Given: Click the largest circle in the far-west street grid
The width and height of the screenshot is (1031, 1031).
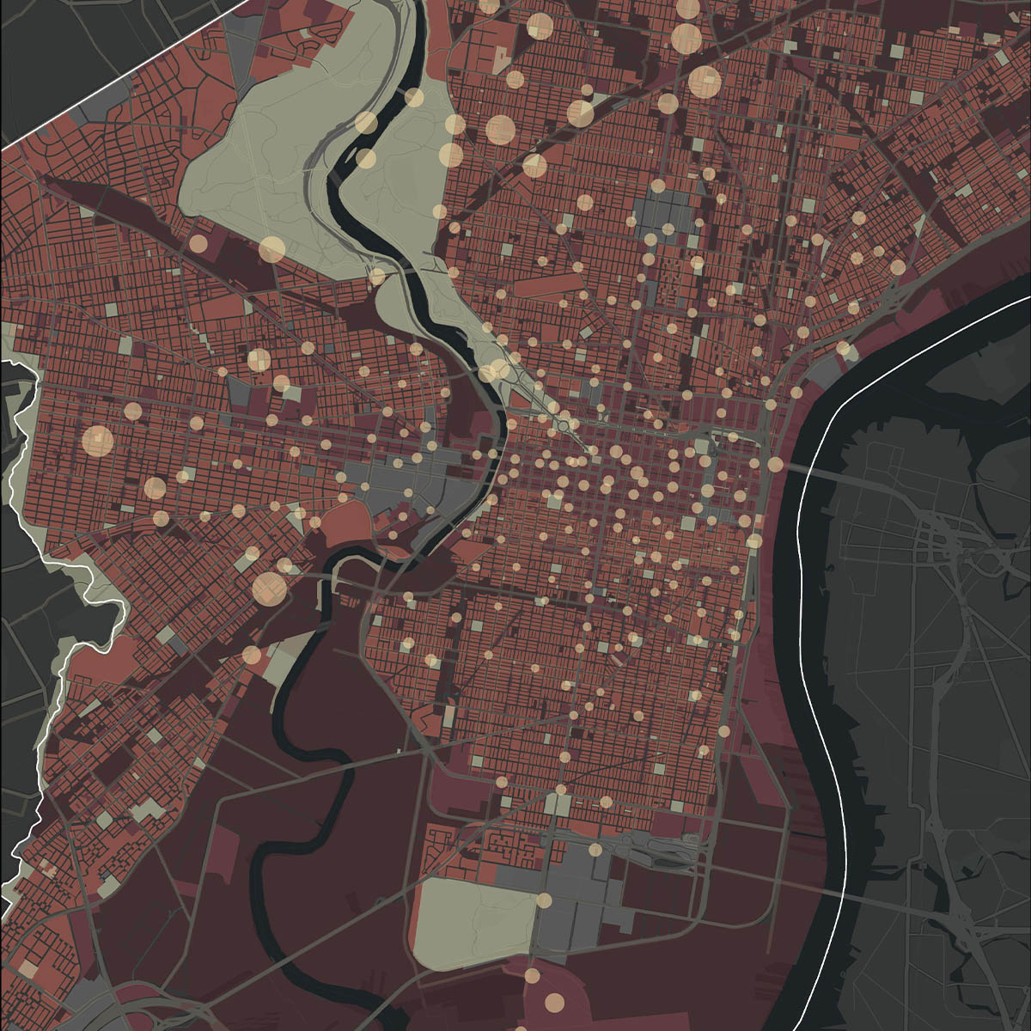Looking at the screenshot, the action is [97, 441].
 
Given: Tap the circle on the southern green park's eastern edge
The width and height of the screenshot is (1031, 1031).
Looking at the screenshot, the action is [544, 900].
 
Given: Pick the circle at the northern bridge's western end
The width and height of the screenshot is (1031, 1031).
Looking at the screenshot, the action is [775, 464].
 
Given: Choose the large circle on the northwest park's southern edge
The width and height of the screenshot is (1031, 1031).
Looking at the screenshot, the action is [271, 249].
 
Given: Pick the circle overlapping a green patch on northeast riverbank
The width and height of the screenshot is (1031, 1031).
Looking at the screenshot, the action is [843, 349].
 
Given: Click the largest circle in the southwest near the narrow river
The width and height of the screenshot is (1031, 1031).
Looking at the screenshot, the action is [269, 589].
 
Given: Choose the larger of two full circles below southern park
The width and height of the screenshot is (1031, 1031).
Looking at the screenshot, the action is [554, 1002].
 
